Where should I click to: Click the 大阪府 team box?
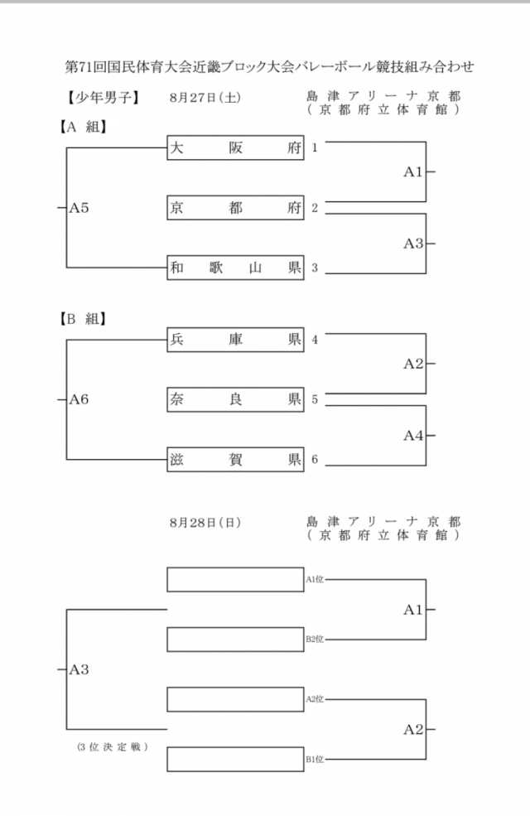pos(235,147)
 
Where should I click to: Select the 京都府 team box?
pos(235,208)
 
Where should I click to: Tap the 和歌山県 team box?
pos(235,268)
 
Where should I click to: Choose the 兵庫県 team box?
pos(235,340)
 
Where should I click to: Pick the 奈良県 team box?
pos(235,399)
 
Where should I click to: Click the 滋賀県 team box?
pos(235,460)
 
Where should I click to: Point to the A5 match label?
pos(79,208)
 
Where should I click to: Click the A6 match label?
pos(79,399)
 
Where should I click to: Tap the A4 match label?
pos(413,435)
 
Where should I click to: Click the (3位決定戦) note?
pos(112,747)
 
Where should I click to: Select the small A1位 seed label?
pos(314,580)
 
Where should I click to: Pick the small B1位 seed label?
pos(314,759)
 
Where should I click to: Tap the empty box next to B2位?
pos(235,640)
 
